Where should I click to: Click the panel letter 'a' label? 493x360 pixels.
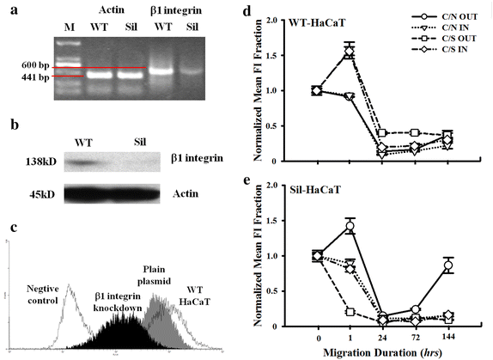point(9,9)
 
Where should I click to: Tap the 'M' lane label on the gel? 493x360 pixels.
point(72,25)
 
